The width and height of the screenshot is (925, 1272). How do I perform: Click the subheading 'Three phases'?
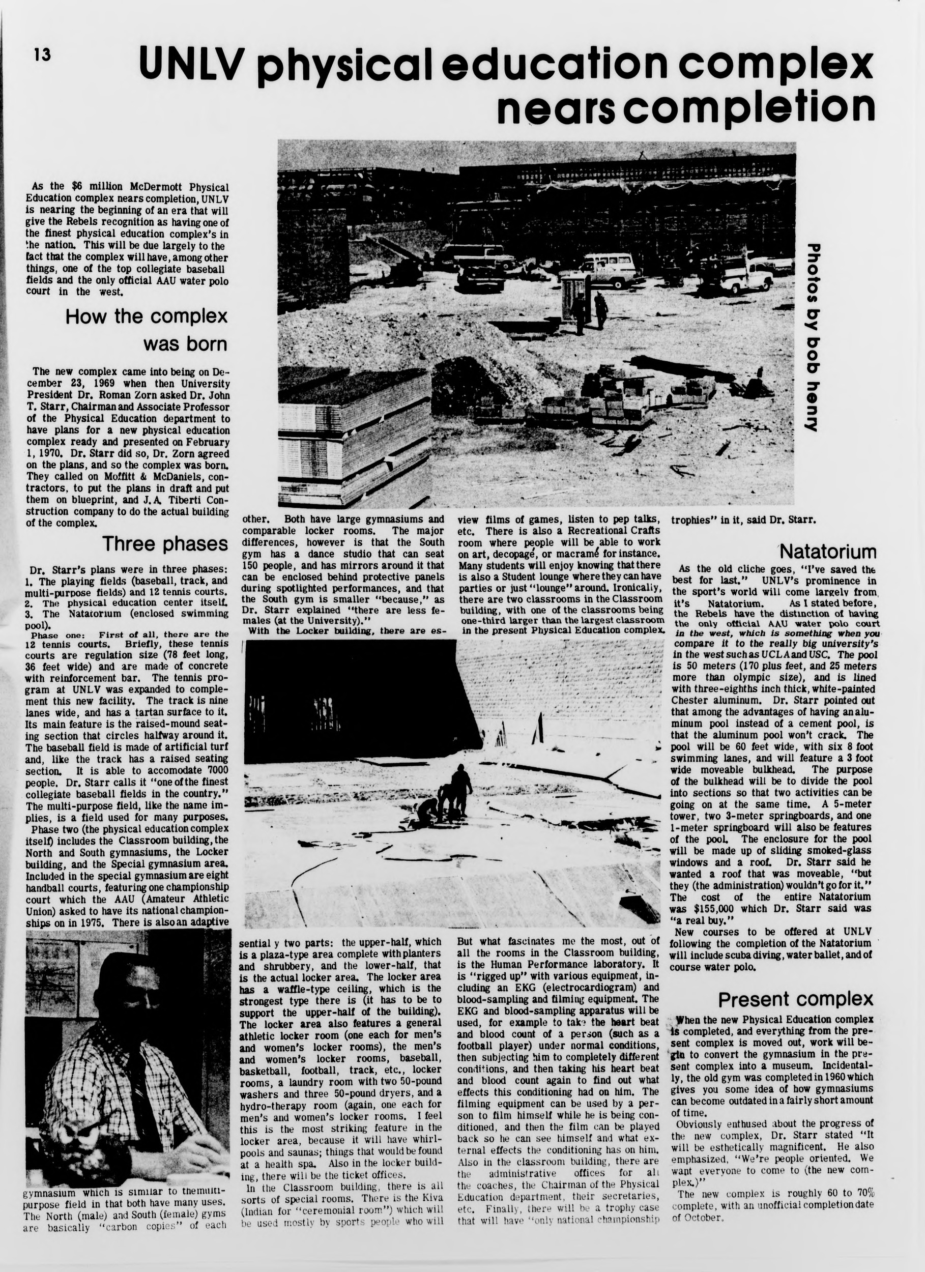coord(165,543)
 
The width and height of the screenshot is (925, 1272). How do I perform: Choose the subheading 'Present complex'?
coord(795,999)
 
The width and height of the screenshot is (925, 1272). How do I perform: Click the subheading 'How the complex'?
coord(147,317)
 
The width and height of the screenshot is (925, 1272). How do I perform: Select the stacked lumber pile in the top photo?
coord(354,432)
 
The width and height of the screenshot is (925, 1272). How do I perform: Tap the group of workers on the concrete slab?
coord(446,796)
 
